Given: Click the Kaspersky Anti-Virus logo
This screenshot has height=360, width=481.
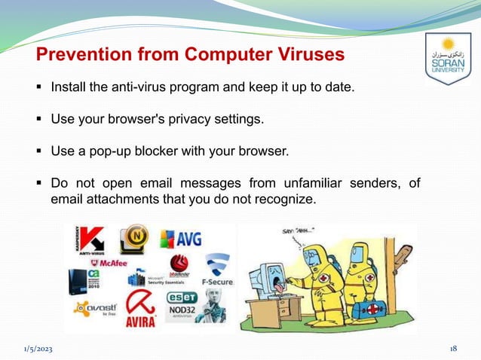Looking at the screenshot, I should tap(90, 242).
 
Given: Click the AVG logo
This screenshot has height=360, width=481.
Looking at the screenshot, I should tap(181, 240).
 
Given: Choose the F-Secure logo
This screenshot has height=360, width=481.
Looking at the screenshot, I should tap(216, 272).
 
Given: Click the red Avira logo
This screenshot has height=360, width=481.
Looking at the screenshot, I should tap(140, 308).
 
